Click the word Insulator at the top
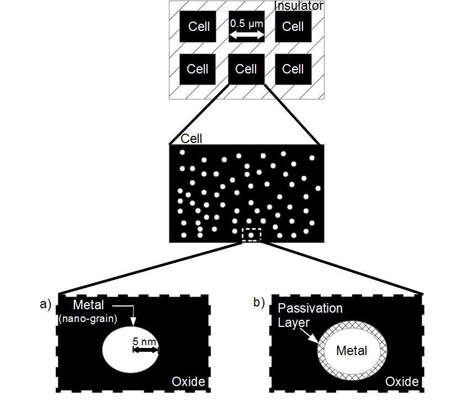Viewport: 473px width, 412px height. point(298,6)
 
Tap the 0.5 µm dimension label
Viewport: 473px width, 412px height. point(246,24)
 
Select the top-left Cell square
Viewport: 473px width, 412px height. point(199,27)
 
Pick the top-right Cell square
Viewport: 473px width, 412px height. point(293,27)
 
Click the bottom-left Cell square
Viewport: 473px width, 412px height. point(198,69)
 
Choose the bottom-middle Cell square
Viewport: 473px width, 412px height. point(246,69)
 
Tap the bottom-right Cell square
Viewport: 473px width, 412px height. point(293,69)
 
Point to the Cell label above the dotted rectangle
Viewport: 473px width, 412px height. point(192,139)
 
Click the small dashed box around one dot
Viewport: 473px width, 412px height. point(251,235)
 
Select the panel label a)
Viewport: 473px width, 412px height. point(45,303)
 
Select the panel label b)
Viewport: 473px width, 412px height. point(259,302)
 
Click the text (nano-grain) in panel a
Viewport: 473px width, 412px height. point(89,318)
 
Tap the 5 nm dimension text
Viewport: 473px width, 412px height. point(145,341)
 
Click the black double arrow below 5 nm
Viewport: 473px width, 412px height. point(145,350)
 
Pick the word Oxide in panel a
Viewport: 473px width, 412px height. point(188,382)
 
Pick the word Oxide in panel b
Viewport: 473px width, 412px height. point(401,382)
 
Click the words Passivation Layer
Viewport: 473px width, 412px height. point(310,314)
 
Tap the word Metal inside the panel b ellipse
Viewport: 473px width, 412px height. point(352,350)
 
